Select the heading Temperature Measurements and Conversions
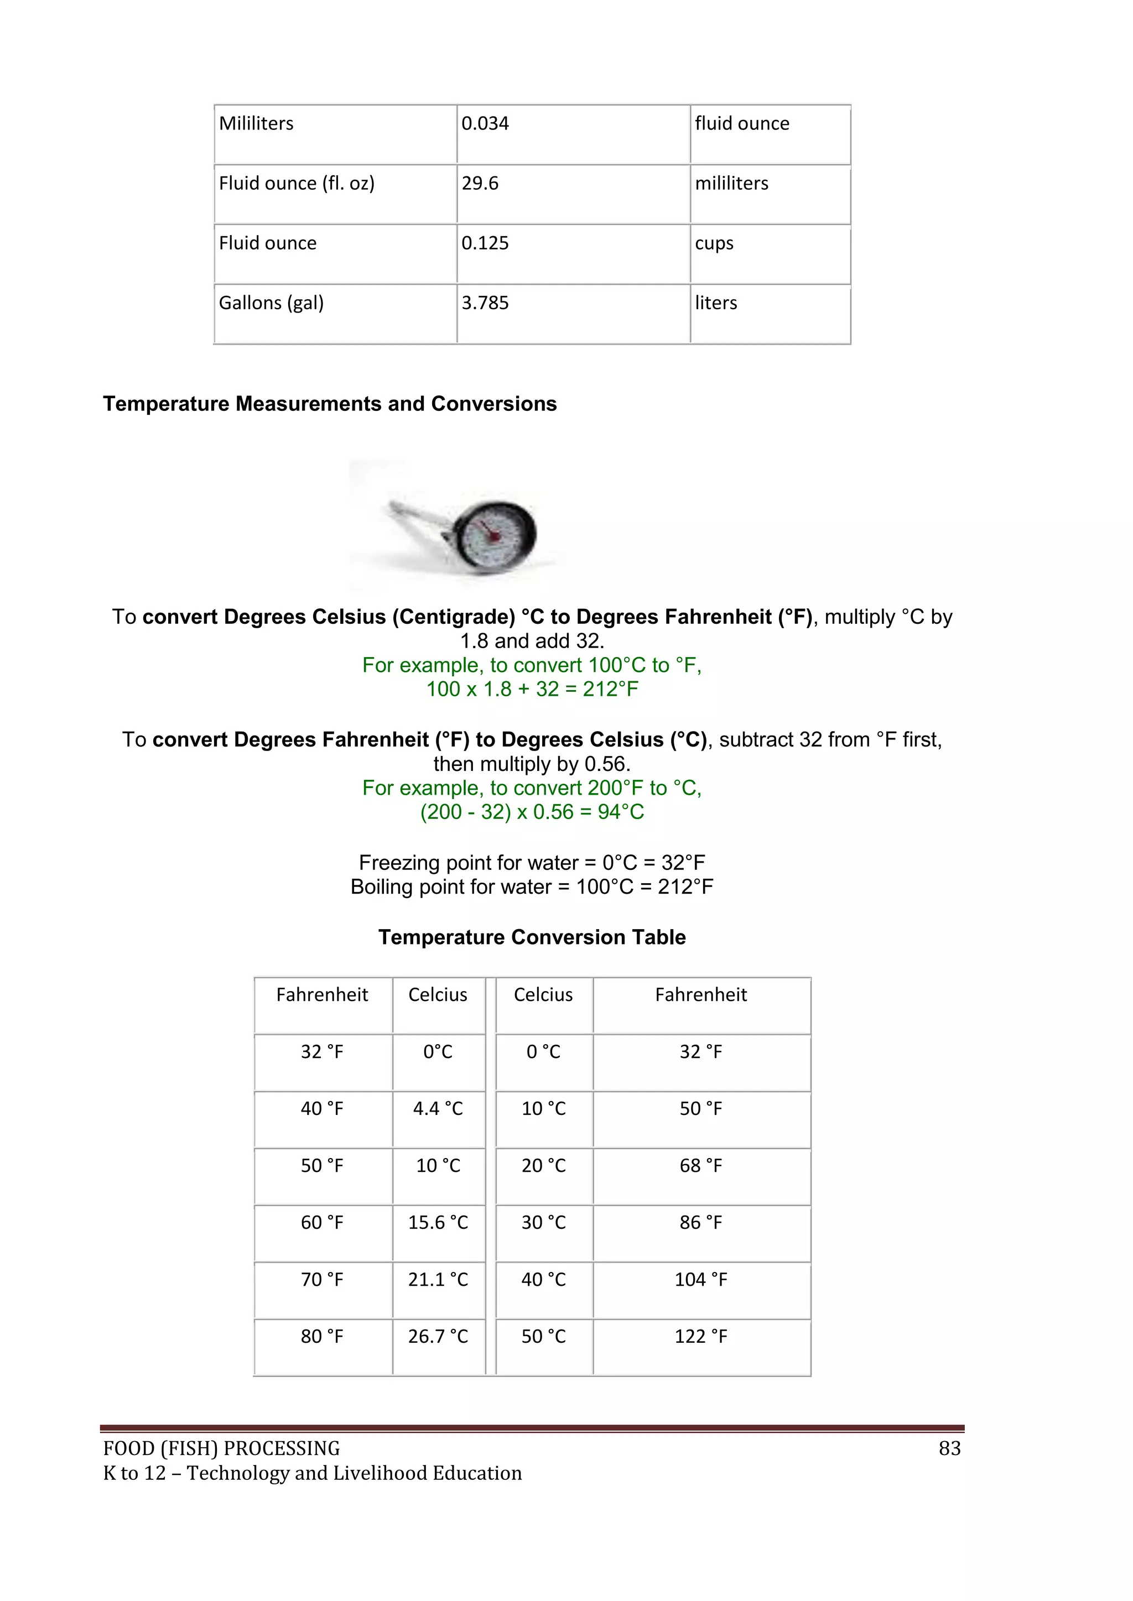(x=329, y=404)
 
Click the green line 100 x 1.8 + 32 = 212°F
(x=532, y=689)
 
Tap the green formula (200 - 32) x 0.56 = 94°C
(x=532, y=812)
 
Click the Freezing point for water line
(x=532, y=863)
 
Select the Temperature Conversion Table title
(x=532, y=937)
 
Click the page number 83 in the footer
(x=949, y=1449)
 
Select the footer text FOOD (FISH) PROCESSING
(x=221, y=1449)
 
